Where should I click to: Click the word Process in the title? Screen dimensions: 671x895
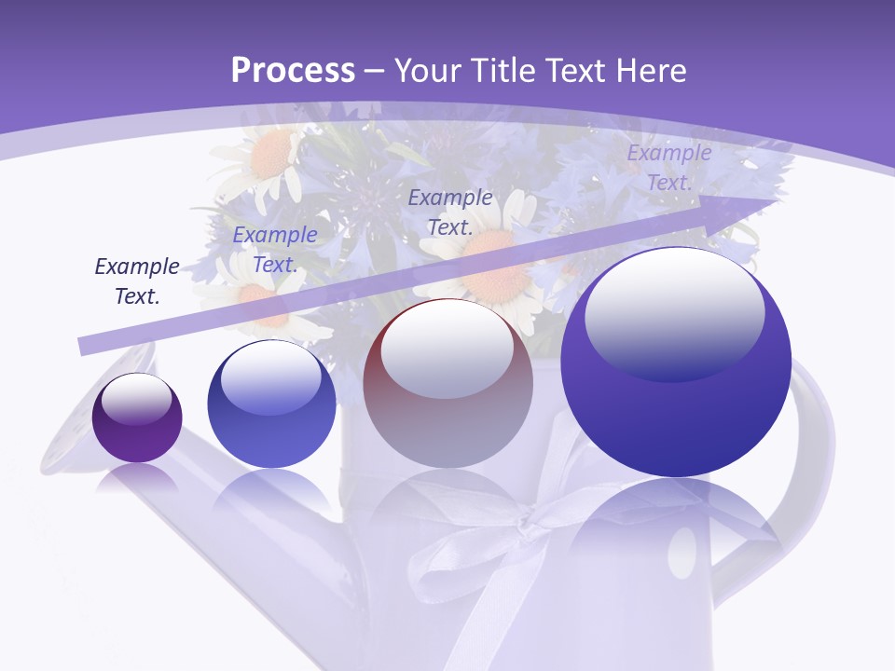(x=293, y=70)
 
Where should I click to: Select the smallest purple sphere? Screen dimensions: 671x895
(x=137, y=418)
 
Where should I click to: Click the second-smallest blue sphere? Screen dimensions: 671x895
(x=271, y=404)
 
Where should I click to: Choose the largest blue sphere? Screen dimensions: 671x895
(x=676, y=363)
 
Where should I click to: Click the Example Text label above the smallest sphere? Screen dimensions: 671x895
(x=137, y=281)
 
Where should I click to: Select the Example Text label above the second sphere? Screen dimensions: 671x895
(x=274, y=250)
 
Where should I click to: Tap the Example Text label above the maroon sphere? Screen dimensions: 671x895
(x=449, y=212)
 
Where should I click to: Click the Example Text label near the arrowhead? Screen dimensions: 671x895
(x=668, y=168)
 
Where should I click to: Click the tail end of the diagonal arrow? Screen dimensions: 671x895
(x=84, y=347)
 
